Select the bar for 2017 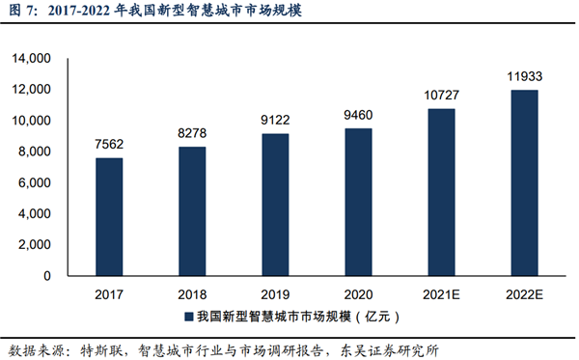109,216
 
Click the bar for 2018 192,210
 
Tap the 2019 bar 275,205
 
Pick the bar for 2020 357,202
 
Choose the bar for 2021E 440,192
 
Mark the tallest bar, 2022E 523,182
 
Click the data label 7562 109,144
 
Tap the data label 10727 440,95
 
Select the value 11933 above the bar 523,76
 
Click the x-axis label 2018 192,293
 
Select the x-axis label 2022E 523,293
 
